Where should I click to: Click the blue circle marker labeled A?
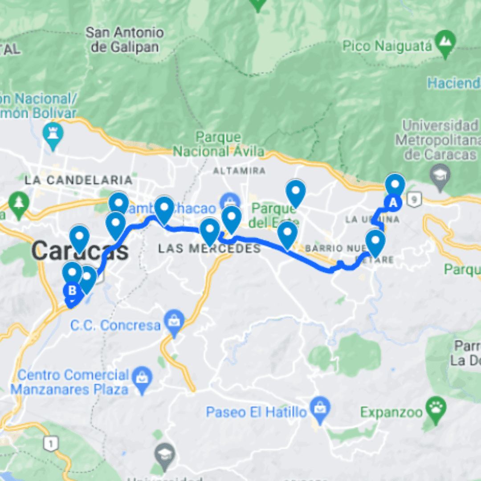pos(393,203)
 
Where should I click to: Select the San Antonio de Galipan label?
pos(125,40)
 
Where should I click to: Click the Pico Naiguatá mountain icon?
pos(445,42)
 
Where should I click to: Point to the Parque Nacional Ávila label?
pos(218,144)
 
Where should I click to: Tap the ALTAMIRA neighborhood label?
pos(239,171)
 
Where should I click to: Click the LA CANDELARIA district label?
pos(79,180)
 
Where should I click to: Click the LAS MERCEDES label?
pos(209,249)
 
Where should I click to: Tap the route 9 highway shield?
pos(414,201)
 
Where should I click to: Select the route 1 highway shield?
pos(52,443)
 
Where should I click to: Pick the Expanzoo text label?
pos(391,412)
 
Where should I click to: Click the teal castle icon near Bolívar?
pos(53,135)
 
